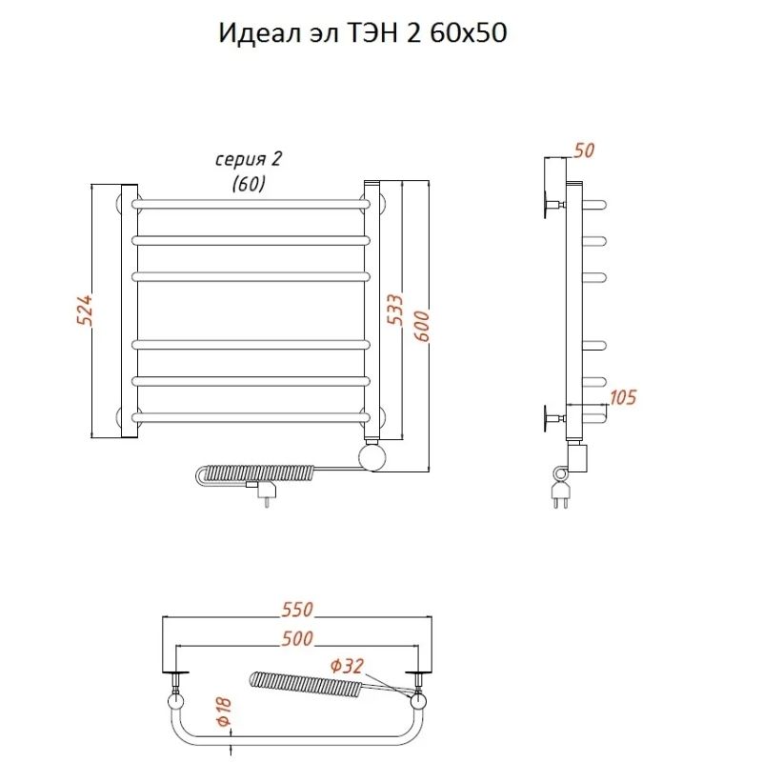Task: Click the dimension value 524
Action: [83, 311]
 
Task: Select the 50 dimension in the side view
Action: [585, 150]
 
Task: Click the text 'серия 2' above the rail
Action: [249, 159]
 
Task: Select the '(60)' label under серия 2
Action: [249, 184]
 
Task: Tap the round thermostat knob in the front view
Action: [373, 456]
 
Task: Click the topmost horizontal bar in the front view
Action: [251, 203]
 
